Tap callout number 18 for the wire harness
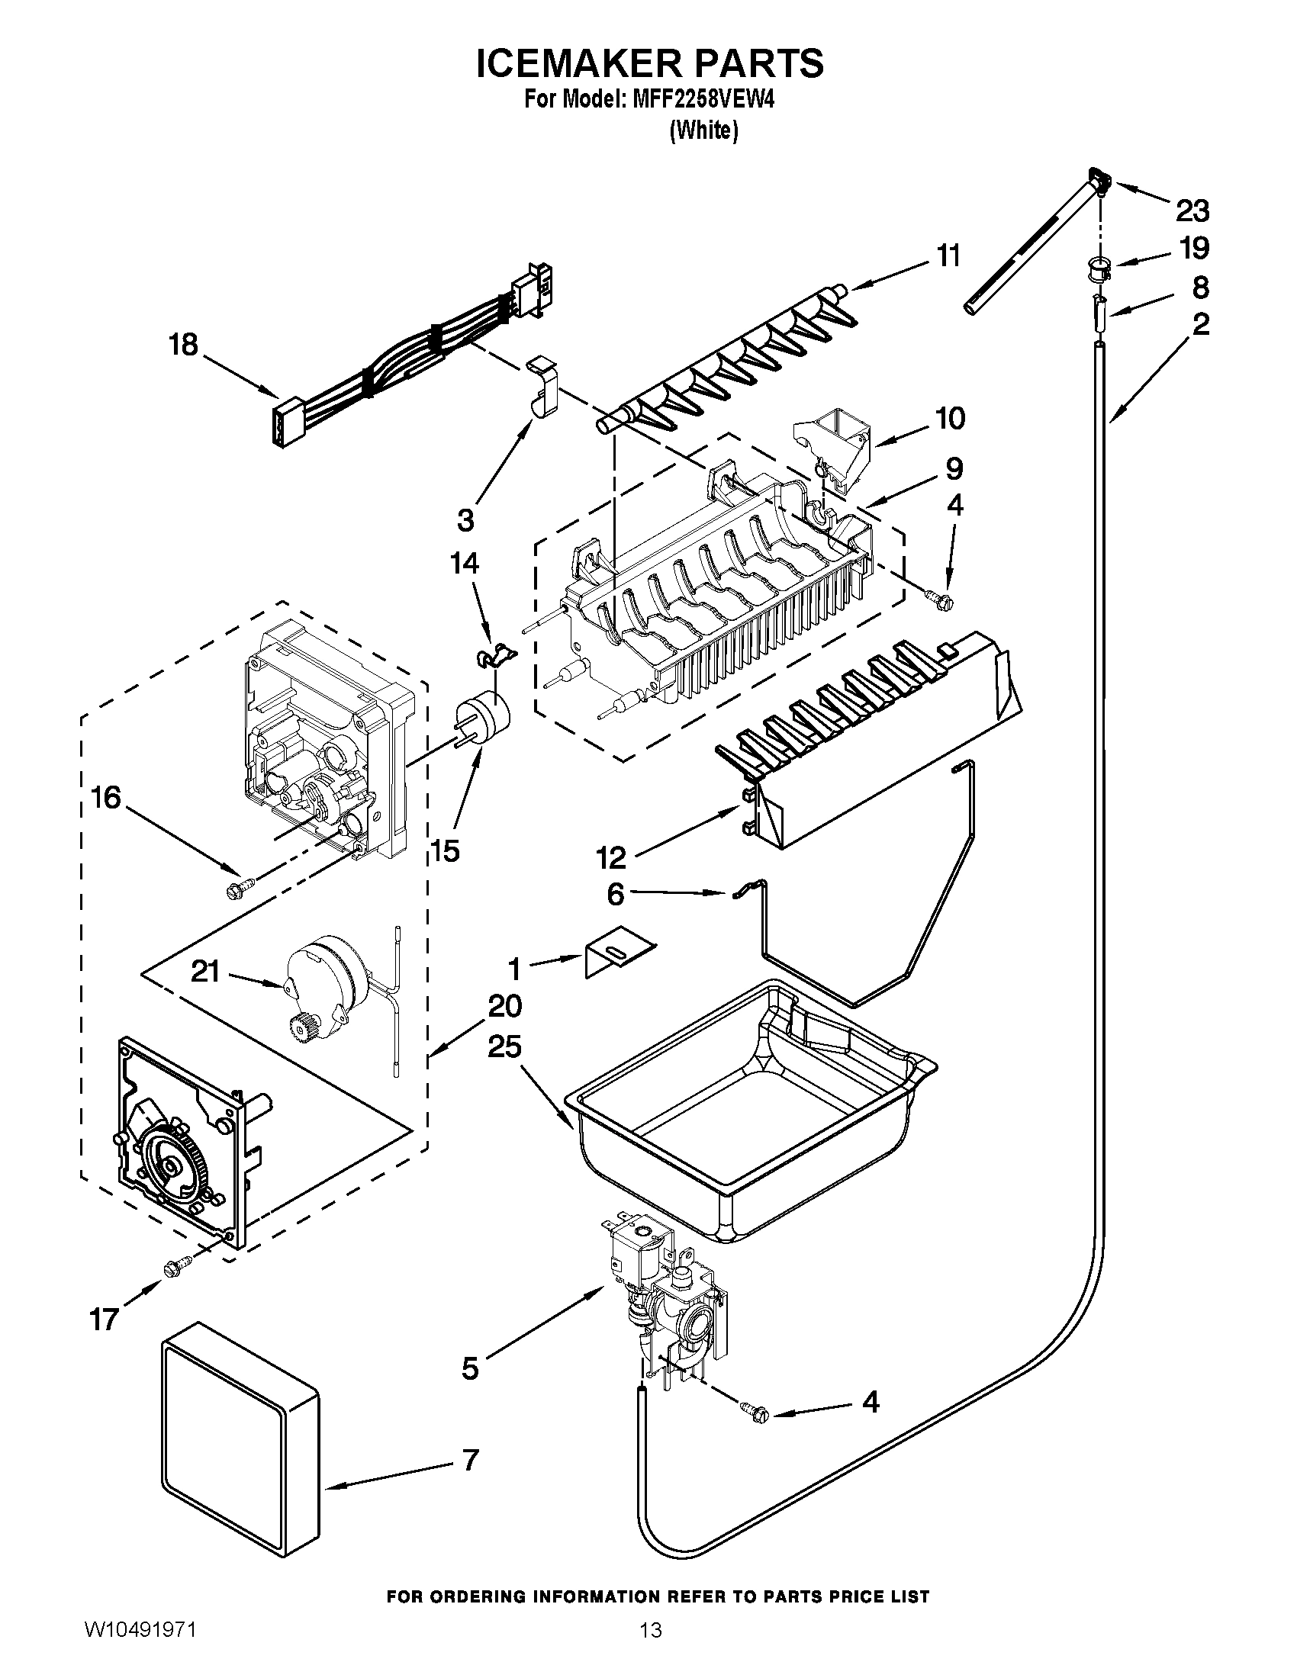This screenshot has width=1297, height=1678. [184, 345]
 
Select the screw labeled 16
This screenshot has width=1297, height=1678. [233, 891]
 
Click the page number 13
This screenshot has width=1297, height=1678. [650, 1647]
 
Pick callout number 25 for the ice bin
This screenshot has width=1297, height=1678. [504, 1046]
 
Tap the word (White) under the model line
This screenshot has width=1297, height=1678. [703, 130]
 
